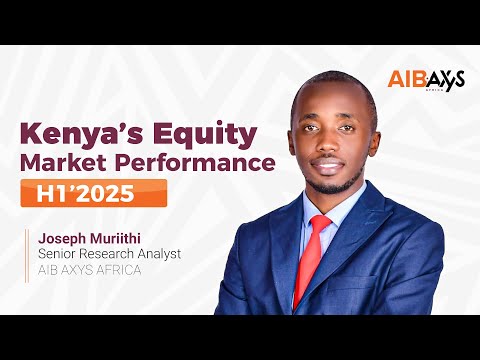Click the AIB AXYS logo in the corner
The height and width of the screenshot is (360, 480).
(425, 81)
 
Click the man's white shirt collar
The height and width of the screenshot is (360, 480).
(340, 210)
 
